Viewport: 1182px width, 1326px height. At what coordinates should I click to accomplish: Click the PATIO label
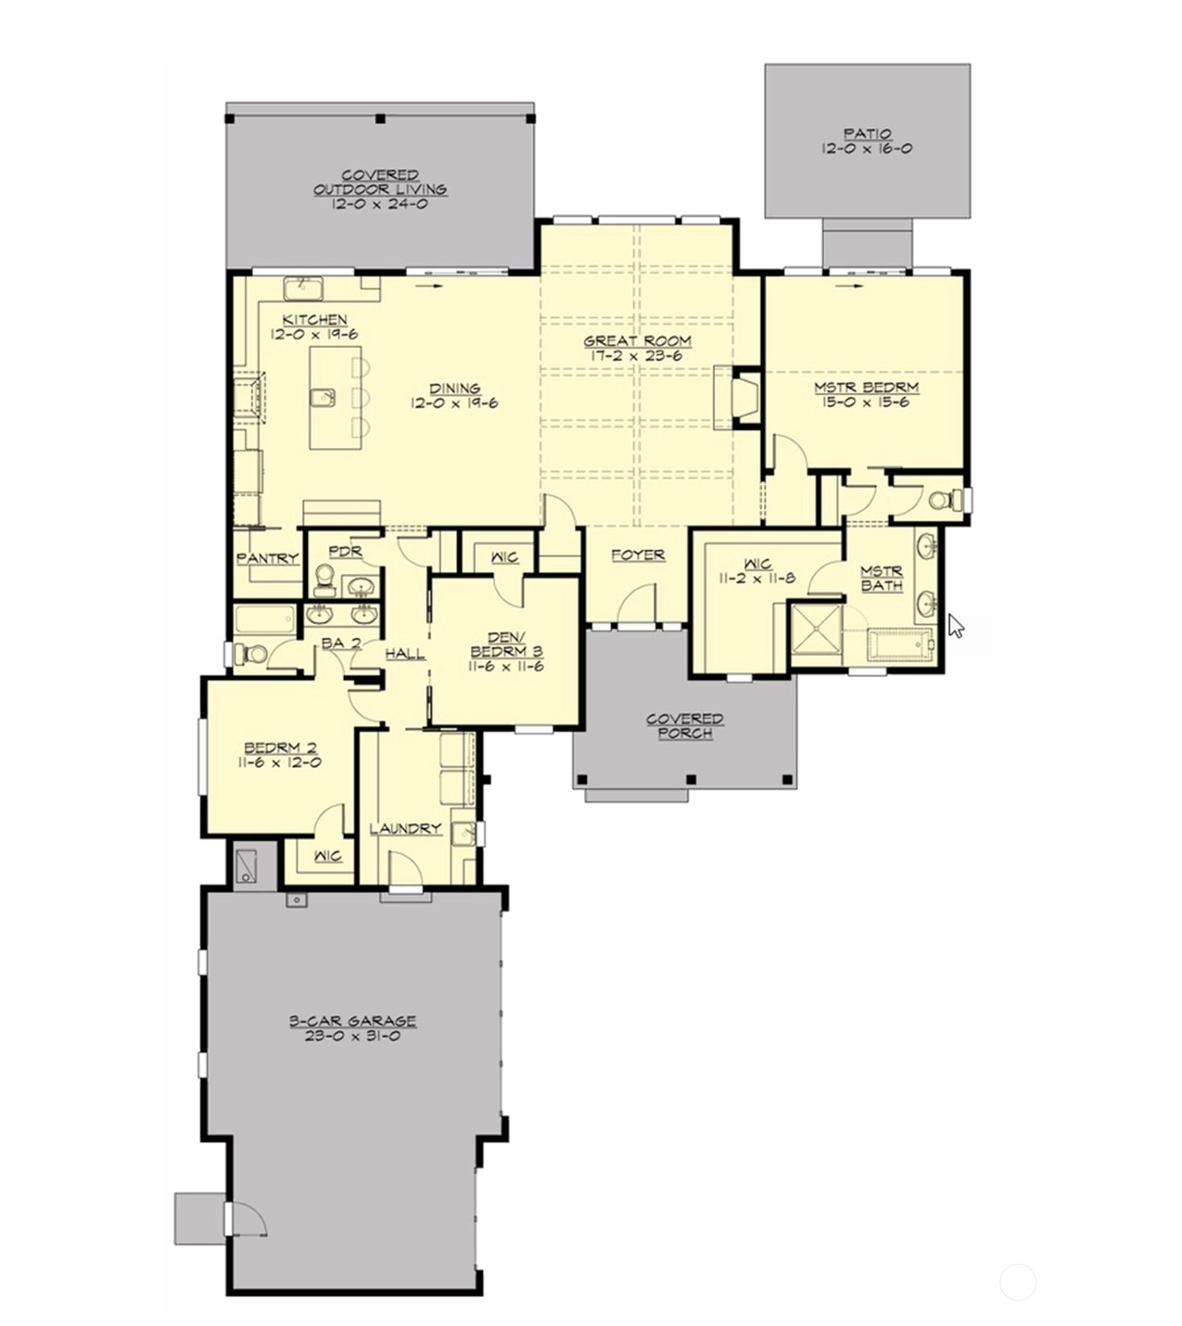tap(867, 134)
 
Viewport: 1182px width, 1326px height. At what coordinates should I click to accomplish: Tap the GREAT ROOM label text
tap(638, 341)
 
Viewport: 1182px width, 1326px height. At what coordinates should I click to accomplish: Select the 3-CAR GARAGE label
tap(353, 1021)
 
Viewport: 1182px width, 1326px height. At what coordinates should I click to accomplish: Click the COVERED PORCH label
tap(684, 726)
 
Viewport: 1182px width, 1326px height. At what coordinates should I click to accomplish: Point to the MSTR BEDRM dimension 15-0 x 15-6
tap(866, 402)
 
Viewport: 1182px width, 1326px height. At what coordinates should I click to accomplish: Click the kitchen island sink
tap(323, 398)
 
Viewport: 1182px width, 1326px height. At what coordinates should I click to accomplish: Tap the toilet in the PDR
tap(324, 580)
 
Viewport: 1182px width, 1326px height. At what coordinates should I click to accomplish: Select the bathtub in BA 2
tap(265, 619)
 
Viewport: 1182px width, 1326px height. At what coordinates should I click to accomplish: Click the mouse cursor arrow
tap(956, 624)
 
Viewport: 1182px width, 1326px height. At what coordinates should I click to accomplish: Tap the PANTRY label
tap(268, 558)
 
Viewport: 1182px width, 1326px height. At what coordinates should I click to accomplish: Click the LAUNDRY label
tap(406, 829)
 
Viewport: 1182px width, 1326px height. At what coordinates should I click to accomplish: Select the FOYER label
tap(638, 555)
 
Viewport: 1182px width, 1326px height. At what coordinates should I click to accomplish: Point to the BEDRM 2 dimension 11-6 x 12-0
tap(280, 762)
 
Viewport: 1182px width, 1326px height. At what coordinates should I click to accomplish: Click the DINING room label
tap(455, 389)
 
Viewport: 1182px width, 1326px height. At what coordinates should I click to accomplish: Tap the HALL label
tap(405, 653)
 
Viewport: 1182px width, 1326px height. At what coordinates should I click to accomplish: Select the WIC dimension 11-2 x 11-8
tap(757, 578)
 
